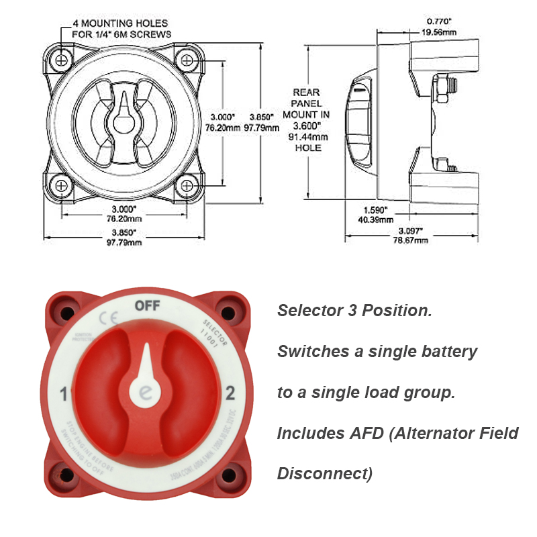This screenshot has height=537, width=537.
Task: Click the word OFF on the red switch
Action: click(x=147, y=306)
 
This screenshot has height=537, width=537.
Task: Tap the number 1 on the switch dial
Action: click(x=62, y=393)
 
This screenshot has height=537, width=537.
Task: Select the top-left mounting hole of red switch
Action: click(x=67, y=313)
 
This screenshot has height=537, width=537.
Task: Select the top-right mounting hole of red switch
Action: click(x=227, y=313)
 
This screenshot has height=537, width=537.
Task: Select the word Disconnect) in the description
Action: click(x=324, y=473)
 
